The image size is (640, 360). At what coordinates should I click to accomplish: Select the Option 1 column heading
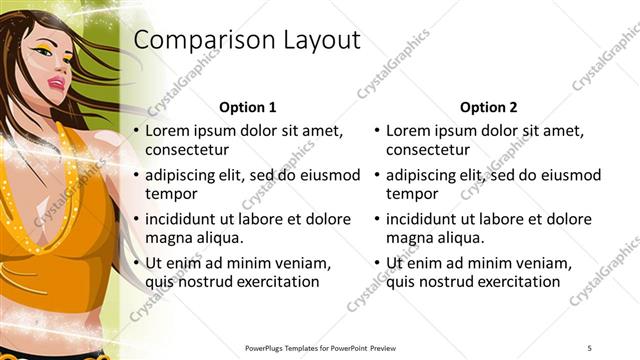tap(247, 107)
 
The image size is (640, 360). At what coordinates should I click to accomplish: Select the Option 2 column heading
tap(488, 107)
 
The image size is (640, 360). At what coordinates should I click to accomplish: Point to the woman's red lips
tap(49, 104)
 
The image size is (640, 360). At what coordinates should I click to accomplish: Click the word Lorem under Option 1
tap(167, 131)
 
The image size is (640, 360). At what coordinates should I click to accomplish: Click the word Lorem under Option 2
tap(408, 131)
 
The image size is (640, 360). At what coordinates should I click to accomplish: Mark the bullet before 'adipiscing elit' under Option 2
tap(376, 175)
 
